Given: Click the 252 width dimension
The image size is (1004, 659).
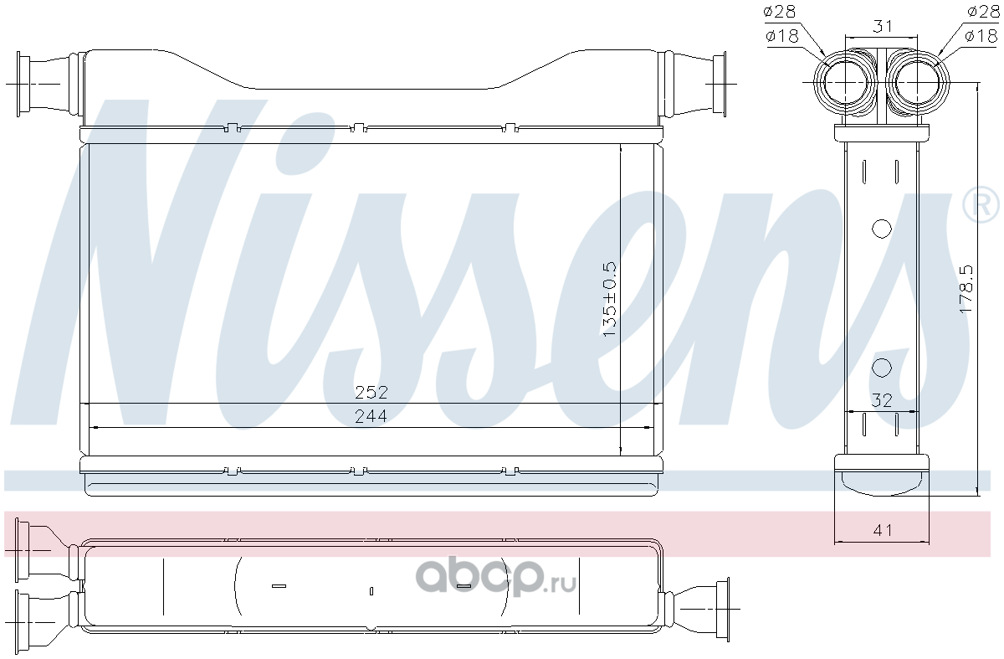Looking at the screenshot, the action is coord(371,393).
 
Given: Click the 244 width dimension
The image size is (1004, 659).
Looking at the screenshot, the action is coord(371,417).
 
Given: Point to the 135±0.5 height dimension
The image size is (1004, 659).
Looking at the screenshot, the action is coord(610,300).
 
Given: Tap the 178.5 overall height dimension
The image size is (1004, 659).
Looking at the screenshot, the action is coord(966,290).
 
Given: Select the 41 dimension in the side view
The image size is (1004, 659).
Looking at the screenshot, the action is coord(883,531).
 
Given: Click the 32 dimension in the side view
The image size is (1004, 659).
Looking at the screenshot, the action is coord(882,400).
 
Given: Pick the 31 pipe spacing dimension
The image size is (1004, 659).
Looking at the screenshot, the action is coord(882,27).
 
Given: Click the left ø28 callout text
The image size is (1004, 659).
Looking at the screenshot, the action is coord(780,12).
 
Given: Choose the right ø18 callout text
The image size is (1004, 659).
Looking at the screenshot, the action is coord(981,35).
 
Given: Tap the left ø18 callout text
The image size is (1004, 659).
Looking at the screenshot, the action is coord(782,35).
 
